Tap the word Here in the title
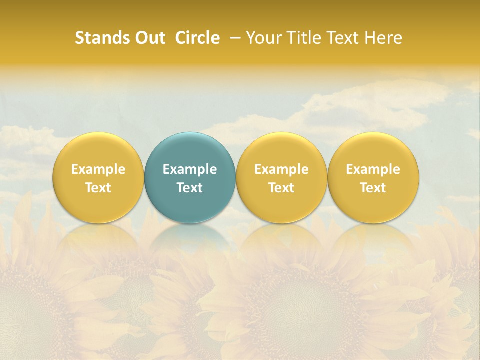point(383,38)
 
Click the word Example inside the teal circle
point(190,169)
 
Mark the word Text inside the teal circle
point(190,188)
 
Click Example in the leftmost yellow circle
point(98,169)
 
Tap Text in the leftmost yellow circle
point(98,188)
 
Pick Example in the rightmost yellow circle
point(373,169)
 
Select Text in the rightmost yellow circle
point(373,188)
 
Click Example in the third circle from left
point(281,169)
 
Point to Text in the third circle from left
point(281,188)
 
